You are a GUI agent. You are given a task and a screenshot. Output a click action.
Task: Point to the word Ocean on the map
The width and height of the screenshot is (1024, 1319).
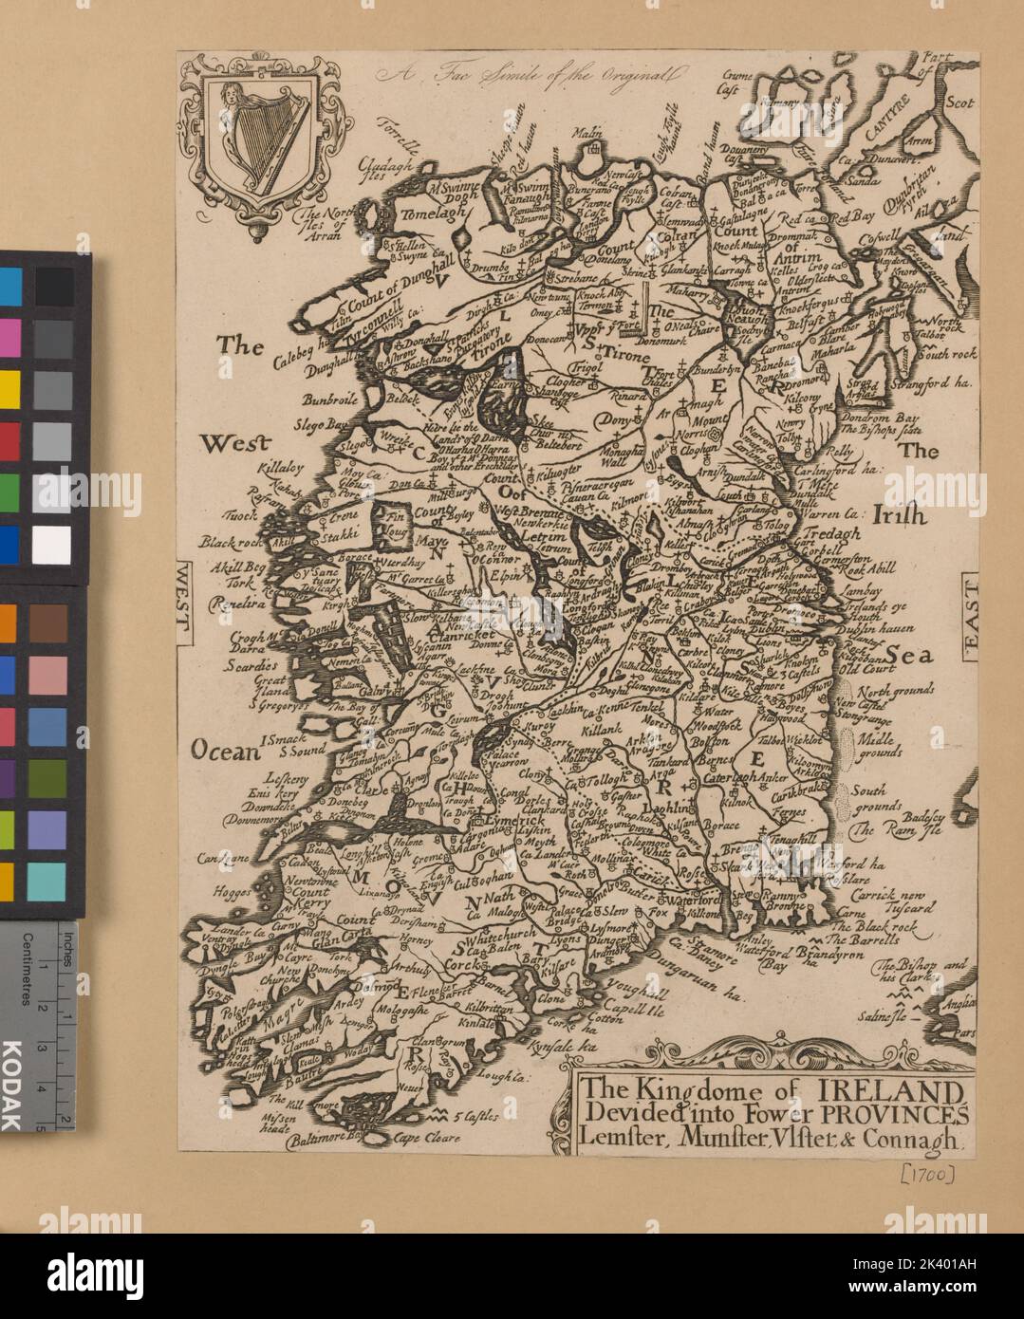tap(226, 752)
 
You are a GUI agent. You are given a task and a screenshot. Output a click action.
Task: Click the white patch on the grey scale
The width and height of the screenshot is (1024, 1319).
tap(52, 544)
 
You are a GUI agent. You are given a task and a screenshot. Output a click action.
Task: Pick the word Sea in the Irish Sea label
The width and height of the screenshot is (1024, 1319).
tap(910, 655)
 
